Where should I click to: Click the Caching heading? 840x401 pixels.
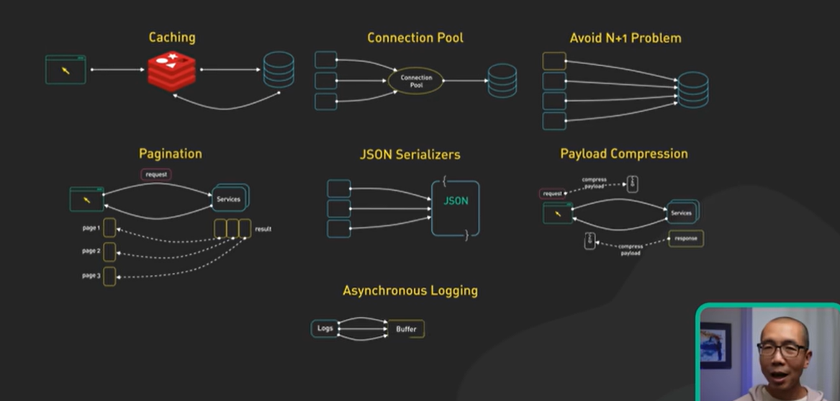(x=171, y=37)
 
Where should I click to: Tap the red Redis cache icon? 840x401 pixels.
(x=172, y=71)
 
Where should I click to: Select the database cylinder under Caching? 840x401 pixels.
(x=278, y=70)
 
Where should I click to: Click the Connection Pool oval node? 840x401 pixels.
(x=416, y=81)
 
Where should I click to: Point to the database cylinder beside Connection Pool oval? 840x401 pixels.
(x=502, y=81)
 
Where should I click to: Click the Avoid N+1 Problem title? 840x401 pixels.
(x=625, y=37)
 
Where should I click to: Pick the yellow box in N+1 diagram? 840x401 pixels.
(x=554, y=61)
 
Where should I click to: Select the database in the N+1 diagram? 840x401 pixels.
(x=692, y=90)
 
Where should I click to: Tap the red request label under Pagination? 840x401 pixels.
(x=156, y=174)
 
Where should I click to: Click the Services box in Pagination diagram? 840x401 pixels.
(x=229, y=199)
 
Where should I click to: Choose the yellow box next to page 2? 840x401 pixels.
(x=109, y=252)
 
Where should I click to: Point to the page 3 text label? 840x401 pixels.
(x=91, y=276)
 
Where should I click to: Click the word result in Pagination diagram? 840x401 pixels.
(x=263, y=229)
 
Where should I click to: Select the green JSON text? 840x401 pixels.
(x=455, y=201)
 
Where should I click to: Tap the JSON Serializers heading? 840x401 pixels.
(x=410, y=154)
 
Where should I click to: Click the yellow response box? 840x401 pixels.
(x=685, y=238)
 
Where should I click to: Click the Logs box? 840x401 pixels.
(x=325, y=328)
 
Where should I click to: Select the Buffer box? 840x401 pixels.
(x=406, y=329)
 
